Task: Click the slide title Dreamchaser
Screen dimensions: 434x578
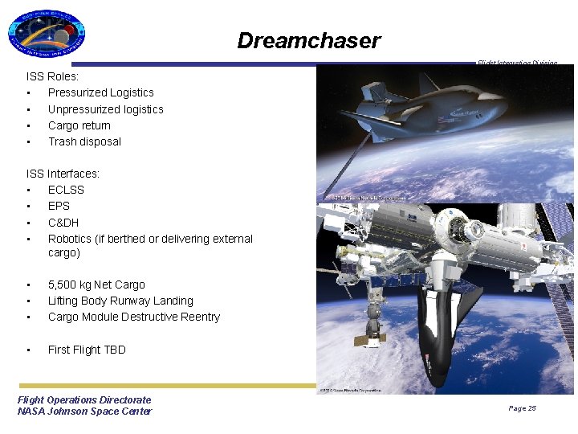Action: coord(308,41)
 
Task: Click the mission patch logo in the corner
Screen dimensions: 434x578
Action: coord(46,34)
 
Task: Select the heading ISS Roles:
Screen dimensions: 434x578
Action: coord(53,76)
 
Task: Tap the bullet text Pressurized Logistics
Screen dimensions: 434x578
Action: coord(100,92)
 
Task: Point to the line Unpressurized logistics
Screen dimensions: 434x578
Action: coord(105,109)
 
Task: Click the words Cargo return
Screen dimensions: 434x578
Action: coord(79,125)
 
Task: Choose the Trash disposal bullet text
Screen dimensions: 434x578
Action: coord(84,141)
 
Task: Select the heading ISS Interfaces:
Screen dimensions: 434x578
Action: coord(63,174)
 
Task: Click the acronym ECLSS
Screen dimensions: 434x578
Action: coord(66,190)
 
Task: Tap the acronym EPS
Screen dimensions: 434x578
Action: coord(59,206)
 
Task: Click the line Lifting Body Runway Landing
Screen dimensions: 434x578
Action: coord(120,301)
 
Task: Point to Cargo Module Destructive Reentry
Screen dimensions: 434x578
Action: coord(133,317)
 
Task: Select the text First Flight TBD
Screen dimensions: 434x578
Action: coord(87,350)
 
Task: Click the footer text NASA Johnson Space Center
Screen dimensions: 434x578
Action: coord(84,411)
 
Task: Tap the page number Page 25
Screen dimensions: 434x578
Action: coord(522,408)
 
